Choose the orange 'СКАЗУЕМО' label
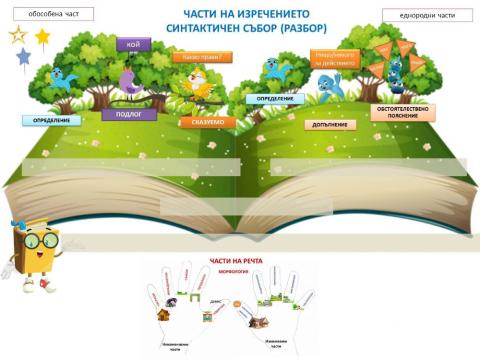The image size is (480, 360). [x=208, y=121]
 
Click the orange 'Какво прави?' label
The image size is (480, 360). [x=202, y=57]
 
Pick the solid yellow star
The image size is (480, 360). [x=43, y=36]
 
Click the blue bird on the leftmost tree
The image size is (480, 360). [x=65, y=79]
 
